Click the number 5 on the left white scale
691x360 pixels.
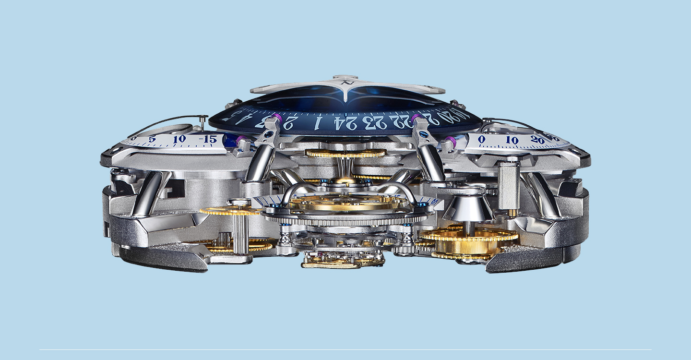tap(152, 139)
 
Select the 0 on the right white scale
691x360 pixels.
tap(482, 139)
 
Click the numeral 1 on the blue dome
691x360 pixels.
tap(317, 124)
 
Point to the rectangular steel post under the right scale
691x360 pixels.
tap(509, 185)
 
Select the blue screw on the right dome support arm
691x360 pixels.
tap(424, 135)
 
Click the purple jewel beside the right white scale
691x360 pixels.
tap(450, 141)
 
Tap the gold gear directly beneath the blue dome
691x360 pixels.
tap(345, 154)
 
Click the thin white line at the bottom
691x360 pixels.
tap(345, 349)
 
